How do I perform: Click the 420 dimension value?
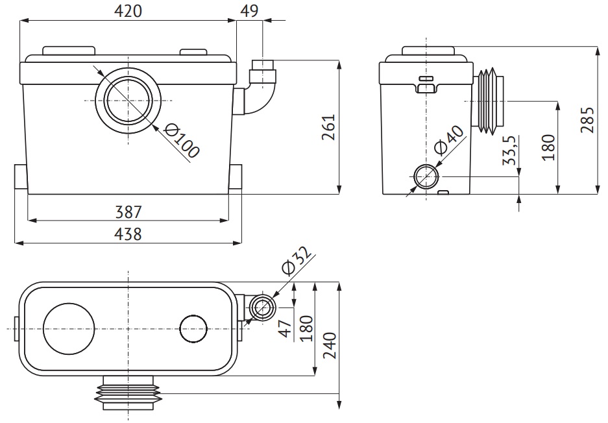[128, 11]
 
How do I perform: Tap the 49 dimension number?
[249, 11]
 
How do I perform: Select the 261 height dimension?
[328, 127]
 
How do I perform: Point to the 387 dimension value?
[128, 212]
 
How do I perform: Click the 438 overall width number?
[128, 234]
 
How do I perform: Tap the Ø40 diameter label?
[448, 139]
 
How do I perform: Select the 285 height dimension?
[587, 120]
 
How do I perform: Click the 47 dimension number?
[286, 328]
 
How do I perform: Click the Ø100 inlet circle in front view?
[128, 101]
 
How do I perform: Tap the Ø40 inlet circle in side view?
[426, 176]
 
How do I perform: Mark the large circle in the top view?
[69, 329]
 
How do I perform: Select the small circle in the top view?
[193, 329]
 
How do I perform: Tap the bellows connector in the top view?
[128, 393]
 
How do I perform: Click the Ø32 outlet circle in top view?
[263, 308]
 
